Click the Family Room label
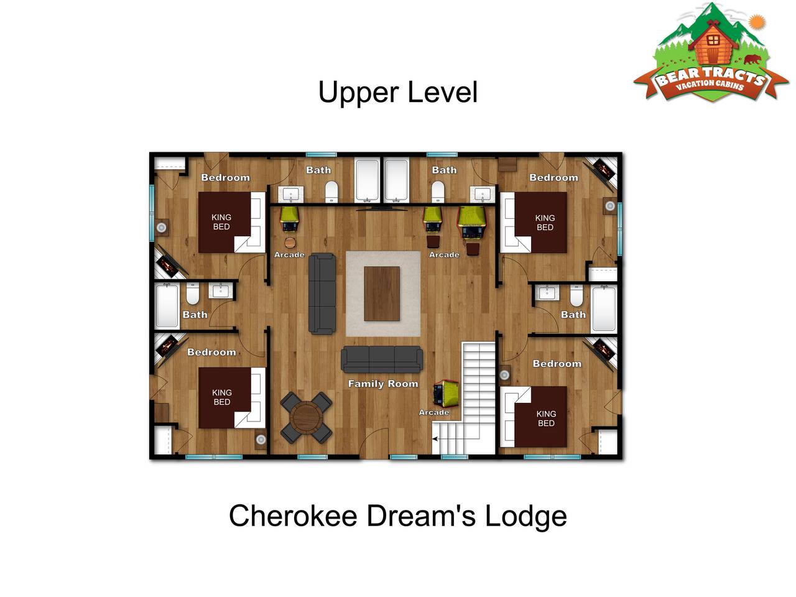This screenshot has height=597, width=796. [x=383, y=384]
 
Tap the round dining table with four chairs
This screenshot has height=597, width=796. [x=306, y=417]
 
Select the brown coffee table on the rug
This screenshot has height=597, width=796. [x=382, y=294]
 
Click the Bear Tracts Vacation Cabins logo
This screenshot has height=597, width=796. [x=710, y=53]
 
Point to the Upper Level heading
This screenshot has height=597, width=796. [x=397, y=92]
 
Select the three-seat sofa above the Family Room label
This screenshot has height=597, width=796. [x=382, y=359]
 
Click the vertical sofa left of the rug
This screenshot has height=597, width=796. [x=322, y=294]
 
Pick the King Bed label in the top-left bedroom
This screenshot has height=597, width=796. [x=221, y=222]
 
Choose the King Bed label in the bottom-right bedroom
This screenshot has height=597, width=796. [x=546, y=419]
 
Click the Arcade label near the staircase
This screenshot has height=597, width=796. [x=434, y=412]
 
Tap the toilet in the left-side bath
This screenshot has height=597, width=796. [x=193, y=294]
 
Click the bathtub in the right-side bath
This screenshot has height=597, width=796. [x=604, y=309]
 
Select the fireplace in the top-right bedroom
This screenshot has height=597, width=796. [x=601, y=172]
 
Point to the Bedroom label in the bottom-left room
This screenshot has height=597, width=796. [x=211, y=352]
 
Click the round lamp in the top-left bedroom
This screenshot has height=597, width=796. [x=161, y=228]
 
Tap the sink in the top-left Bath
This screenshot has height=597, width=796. [x=290, y=195]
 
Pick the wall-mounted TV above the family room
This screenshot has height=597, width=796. [x=382, y=208]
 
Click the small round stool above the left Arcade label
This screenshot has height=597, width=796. [x=290, y=242]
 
